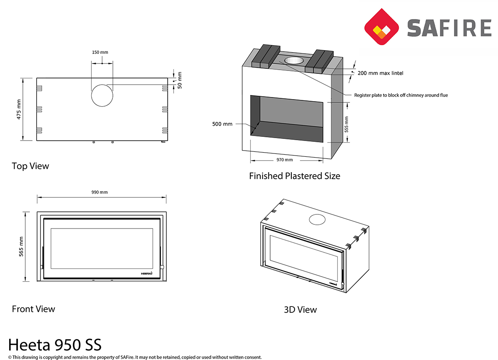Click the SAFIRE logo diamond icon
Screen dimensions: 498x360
381,27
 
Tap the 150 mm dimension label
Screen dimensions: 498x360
100,52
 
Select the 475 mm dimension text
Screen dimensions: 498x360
19,109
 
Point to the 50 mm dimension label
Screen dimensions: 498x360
180,80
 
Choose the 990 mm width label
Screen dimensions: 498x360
100,192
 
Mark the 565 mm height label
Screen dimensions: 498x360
21,247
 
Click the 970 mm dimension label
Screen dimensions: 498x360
285,160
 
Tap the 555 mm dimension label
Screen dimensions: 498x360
347,124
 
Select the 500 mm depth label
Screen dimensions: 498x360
222,124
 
